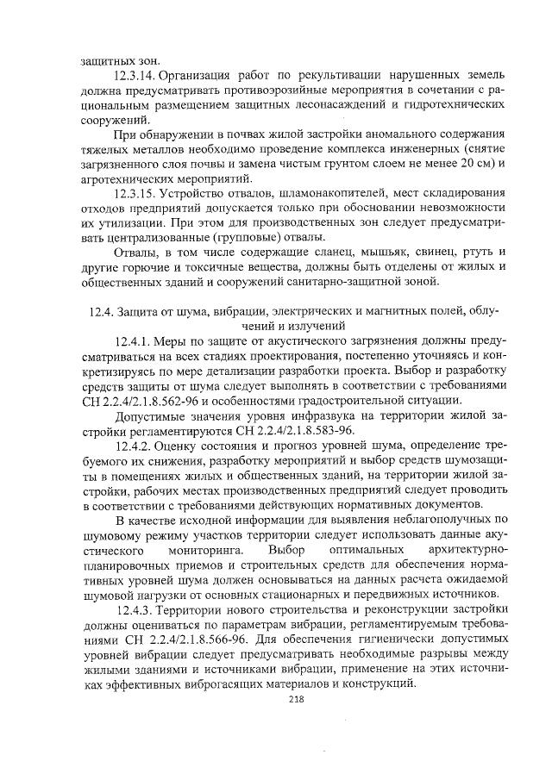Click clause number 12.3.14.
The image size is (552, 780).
(x=136, y=76)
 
